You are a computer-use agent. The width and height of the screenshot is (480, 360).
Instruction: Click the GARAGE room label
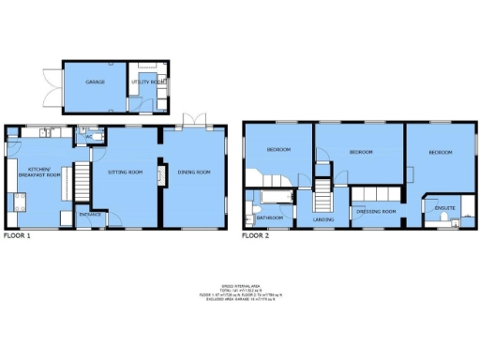tap(95, 82)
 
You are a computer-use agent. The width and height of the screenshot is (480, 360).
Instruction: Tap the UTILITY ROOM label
tap(148, 82)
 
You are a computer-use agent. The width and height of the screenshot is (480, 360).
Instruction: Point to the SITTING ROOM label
tap(125, 172)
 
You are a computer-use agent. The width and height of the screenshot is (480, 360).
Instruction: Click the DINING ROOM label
tap(194, 172)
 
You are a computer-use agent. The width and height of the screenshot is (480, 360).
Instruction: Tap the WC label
tap(88, 137)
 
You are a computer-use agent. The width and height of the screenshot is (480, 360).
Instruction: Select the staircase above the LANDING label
tap(322, 197)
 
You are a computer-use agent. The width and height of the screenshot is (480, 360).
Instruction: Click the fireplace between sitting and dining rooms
tap(160, 175)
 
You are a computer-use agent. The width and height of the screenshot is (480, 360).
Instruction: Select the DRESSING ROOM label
tap(377, 212)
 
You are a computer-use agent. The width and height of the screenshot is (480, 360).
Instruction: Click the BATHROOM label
tap(270, 218)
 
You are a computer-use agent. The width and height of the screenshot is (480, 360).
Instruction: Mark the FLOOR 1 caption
tap(16, 236)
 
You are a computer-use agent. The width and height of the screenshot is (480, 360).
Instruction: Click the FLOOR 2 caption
tap(255, 236)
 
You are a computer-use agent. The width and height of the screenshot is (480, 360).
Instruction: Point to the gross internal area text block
tap(240, 292)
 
